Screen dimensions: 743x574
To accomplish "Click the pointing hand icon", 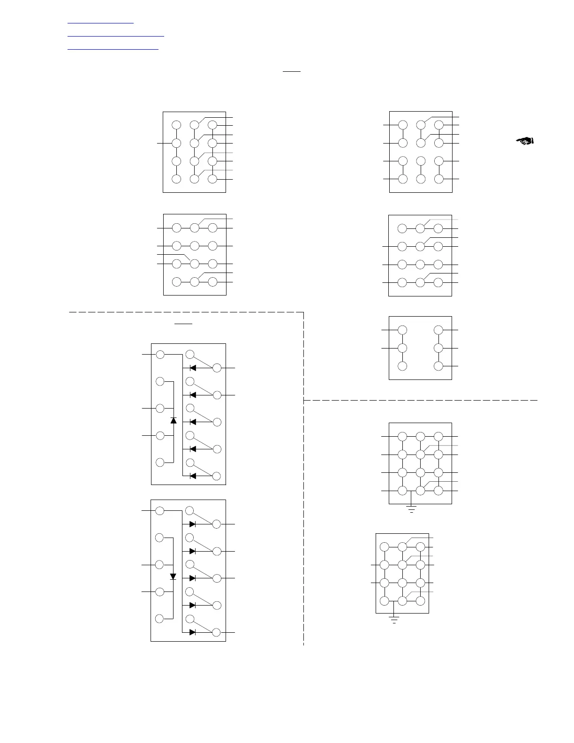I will [x=526, y=140].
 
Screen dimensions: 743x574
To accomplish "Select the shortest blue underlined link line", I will [x=100, y=23].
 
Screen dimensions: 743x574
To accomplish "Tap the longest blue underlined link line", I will [x=116, y=36].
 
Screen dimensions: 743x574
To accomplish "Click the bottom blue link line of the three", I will [x=113, y=48].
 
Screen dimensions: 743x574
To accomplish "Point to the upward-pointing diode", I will [x=174, y=420].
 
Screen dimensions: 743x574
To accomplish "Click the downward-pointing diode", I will [x=173, y=576].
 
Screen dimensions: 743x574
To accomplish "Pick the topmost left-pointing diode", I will [x=192, y=368].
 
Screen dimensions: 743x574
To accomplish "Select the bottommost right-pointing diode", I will [x=192, y=632].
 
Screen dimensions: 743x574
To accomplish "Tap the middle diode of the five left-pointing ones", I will [x=192, y=422].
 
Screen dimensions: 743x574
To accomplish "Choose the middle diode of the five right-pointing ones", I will [x=192, y=578].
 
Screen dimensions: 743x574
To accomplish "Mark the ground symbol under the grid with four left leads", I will [x=411, y=509].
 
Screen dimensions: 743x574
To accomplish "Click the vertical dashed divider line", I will [x=303, y=516].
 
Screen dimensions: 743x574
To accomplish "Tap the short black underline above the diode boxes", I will [x=183, y=323].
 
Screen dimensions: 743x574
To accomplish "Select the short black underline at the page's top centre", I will [x=291, y=72].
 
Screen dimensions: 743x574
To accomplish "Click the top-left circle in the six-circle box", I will [x=402, y=330].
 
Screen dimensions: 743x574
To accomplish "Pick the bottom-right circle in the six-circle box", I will [x=438, y=366].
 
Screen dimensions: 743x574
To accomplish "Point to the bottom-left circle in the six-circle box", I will [x=402, y=366].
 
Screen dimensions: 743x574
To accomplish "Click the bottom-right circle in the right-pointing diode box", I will [x=216, y=632].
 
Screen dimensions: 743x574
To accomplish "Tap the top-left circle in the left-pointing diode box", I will [x=160, y=355].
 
